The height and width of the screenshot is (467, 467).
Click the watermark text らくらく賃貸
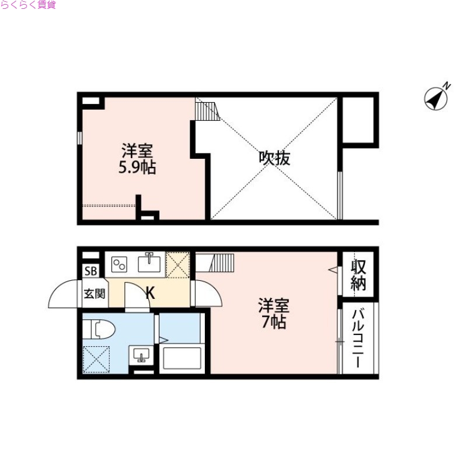(28, 5)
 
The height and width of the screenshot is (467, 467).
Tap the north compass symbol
(437, 98)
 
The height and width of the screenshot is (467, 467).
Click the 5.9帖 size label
(138, 168)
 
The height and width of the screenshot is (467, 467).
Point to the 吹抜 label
(274, 158)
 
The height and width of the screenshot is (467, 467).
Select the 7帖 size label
(274, 322)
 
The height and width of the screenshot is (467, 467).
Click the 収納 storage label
(358, 275)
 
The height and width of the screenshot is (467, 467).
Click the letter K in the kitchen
(150, 293)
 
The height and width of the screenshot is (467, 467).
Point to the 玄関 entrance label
(94, 293)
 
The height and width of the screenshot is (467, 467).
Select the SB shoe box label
(92, 271)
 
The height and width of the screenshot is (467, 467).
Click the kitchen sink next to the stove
(151, 263)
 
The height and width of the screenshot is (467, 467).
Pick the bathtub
(182, 358)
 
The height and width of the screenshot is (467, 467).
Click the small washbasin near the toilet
(142, 354)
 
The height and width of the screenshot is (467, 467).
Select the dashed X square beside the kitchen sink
(178, 263)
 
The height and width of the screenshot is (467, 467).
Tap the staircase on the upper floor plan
(207, 110)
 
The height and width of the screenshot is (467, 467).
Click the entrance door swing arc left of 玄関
(62, 295)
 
